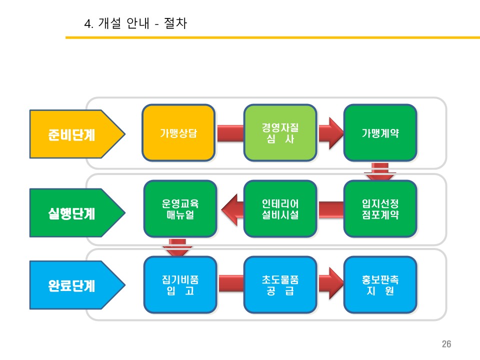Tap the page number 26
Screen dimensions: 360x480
point(446,344)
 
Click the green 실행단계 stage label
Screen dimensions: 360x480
point(75,213)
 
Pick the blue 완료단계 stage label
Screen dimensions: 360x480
point(75,286)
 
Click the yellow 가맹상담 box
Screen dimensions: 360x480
point(178,133)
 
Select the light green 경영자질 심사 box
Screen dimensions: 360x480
point(280,133)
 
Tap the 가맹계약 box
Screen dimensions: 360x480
point(380,133)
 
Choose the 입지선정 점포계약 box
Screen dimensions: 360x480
point(380,209)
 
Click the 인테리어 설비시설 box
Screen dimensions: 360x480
point(280,209)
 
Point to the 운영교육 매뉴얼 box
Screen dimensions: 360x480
point(180,209)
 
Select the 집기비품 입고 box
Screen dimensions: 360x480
point(180,284)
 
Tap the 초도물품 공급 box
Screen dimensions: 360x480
point(280,284)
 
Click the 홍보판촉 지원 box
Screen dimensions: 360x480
point(380,284)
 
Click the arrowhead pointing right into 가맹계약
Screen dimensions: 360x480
point(332,133)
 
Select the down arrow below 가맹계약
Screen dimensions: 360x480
point(380,171)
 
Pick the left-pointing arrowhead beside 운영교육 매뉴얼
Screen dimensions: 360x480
point(230,209)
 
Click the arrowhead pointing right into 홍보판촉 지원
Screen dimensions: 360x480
point(332,284)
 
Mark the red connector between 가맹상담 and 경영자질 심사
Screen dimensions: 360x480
point(230,133)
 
